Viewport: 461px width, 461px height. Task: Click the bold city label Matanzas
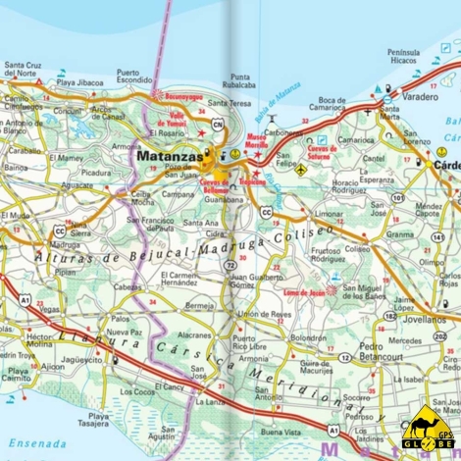coord(170,155)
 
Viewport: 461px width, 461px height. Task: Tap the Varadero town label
coord(419,98)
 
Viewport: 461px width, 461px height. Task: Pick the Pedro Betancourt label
coord(384,351)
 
